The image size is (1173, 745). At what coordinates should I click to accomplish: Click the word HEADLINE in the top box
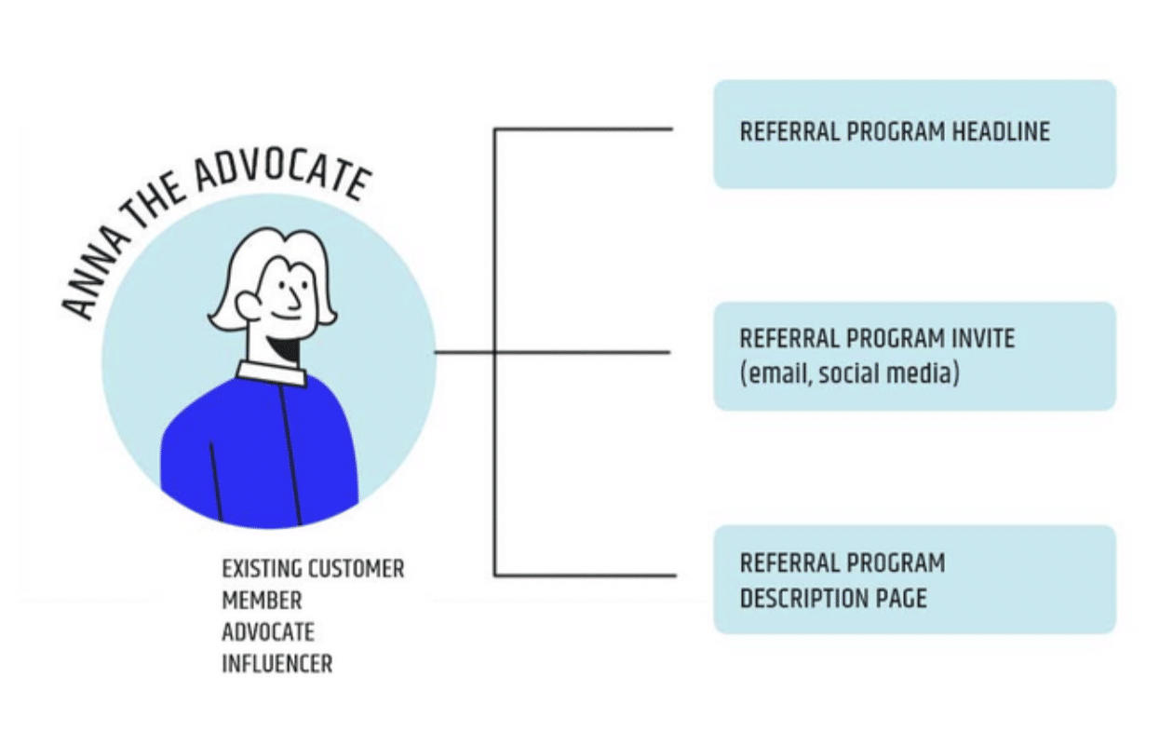tap(1001, 131)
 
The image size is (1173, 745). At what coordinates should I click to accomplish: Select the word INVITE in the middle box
tap(983, 338)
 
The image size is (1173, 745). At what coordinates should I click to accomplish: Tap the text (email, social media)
tap(849, 374)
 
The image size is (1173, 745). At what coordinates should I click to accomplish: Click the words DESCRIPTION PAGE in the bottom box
tap(833, 598)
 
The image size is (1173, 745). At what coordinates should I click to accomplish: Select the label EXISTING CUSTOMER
tap(313, 569)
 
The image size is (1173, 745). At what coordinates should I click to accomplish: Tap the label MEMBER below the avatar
tap(262, 601)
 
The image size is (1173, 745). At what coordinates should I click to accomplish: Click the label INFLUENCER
tap(277, 664)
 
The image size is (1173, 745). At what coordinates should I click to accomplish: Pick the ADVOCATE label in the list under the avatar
tap(268, 632)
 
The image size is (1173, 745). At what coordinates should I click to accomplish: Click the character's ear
tap(247, 305)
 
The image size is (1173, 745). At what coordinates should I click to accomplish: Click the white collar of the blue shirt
tap(271, 372)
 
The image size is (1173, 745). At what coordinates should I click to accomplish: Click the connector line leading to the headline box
tap(583, 129)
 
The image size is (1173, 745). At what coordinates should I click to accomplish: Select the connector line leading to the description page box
tap(585, 576)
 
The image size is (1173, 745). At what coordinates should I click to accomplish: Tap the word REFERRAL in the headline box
tap(789, 131)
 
